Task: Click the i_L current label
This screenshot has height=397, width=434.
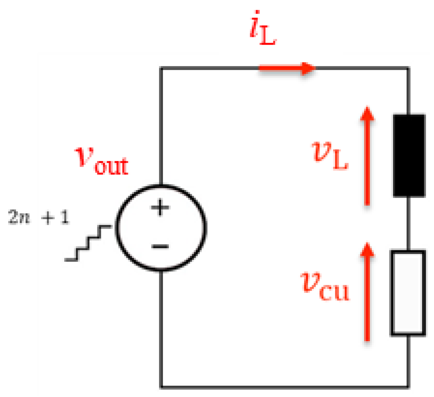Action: pos(263,33)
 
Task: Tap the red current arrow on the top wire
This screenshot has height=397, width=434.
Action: pos(286,68)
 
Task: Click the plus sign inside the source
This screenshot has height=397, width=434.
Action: pos(160,208)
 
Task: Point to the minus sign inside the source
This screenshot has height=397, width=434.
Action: pos(160,246)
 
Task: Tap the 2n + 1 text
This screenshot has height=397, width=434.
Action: pos(39,217)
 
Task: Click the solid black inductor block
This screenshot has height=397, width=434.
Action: pos(409,155)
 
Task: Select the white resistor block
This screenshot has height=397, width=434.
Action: pos(408,293)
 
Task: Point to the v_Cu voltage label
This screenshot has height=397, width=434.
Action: pos(325,286)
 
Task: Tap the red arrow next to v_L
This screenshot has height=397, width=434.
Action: pos(367,156)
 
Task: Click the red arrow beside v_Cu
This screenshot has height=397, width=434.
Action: pos(367,292)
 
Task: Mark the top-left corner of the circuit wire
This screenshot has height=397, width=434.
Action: pos(161,68)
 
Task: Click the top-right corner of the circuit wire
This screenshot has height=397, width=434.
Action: pos(408,68)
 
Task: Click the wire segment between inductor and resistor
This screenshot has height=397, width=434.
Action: pos(408,223)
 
